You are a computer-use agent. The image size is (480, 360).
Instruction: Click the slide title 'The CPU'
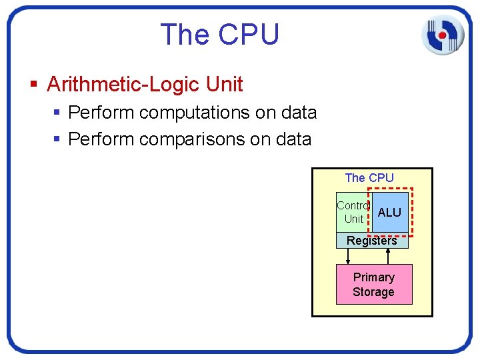(x=219, y=34)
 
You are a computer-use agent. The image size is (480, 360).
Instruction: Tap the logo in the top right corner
(x=442, y=33)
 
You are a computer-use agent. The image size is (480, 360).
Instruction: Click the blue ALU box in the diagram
(x=390, y=212)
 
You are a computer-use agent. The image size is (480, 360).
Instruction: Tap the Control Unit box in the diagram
(x=353, y=212)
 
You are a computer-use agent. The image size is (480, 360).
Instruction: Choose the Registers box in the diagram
(x=372, y=241)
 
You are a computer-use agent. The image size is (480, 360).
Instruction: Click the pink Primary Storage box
(x=374, y=285)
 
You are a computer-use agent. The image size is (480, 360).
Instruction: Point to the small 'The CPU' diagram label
(x=369, y=178)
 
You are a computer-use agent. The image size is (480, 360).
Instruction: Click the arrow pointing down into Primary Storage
(x=347, y=256)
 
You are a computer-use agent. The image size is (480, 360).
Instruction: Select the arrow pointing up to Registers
(x=388, y=256)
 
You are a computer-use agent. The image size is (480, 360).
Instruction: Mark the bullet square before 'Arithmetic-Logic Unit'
(x=34, y=85)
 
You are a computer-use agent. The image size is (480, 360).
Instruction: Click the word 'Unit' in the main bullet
(x=225, y=85)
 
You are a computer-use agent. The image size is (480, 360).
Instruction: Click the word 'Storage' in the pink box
(x=373, y=292)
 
